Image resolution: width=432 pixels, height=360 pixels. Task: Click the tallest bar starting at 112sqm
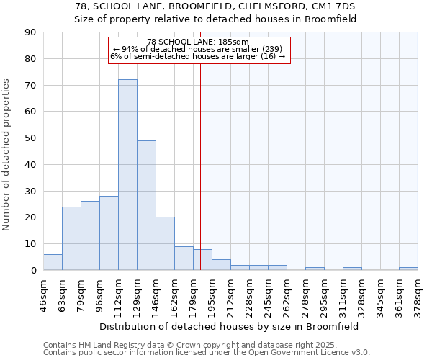[127, 175]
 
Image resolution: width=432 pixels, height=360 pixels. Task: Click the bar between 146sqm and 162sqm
[165, 243]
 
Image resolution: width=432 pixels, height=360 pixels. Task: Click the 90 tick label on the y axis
[30, 32]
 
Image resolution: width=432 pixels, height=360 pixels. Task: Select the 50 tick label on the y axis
[30, 138]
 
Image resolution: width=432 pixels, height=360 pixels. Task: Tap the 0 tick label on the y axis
[33, 270]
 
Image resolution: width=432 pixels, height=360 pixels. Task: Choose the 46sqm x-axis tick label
[43, 295]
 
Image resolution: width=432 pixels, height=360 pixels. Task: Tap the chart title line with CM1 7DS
[215, 6]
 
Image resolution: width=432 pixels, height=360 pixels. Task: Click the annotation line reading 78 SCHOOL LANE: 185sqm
[198, 42]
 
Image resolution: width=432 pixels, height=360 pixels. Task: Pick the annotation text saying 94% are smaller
[198, 49]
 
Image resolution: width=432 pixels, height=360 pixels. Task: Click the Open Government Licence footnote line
[207, 353]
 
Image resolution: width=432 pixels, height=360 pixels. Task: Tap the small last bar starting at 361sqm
[408, 269]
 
